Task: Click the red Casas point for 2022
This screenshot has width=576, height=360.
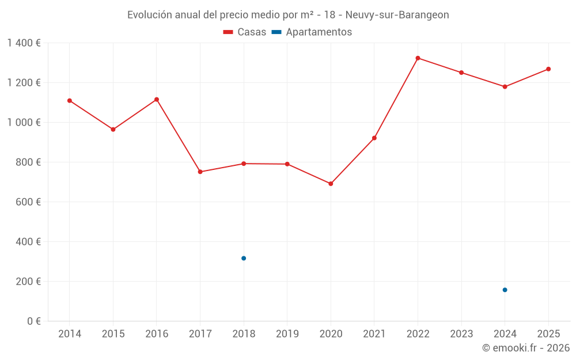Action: pos(418,58)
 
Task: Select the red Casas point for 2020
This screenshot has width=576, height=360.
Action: pos(331,184)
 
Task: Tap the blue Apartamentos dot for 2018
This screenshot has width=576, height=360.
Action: pos(244,258)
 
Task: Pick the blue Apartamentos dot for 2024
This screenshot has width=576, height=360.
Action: pos(505,290)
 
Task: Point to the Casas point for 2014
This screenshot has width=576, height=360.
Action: pos(70,101)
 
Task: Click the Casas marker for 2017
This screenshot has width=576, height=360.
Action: pos(200,172)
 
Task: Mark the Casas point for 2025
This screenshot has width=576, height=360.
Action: pos(548,69)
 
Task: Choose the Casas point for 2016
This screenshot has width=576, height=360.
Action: pos(157,100)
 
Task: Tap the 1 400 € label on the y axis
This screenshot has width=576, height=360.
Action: pos(24,43)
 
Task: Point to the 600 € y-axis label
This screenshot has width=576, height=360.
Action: pos(29,202)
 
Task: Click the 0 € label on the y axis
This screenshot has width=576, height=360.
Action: pos(33,321)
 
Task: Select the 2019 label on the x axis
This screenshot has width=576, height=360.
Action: pos(287,334)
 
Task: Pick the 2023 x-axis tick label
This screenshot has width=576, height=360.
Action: pos(461,334)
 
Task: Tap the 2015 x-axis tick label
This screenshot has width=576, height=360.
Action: pos(113,334)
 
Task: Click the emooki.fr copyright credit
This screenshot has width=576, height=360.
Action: pos(525,348)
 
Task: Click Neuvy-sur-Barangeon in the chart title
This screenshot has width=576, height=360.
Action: pos(397,15)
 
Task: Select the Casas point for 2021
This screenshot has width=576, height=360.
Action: pos(374,138)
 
